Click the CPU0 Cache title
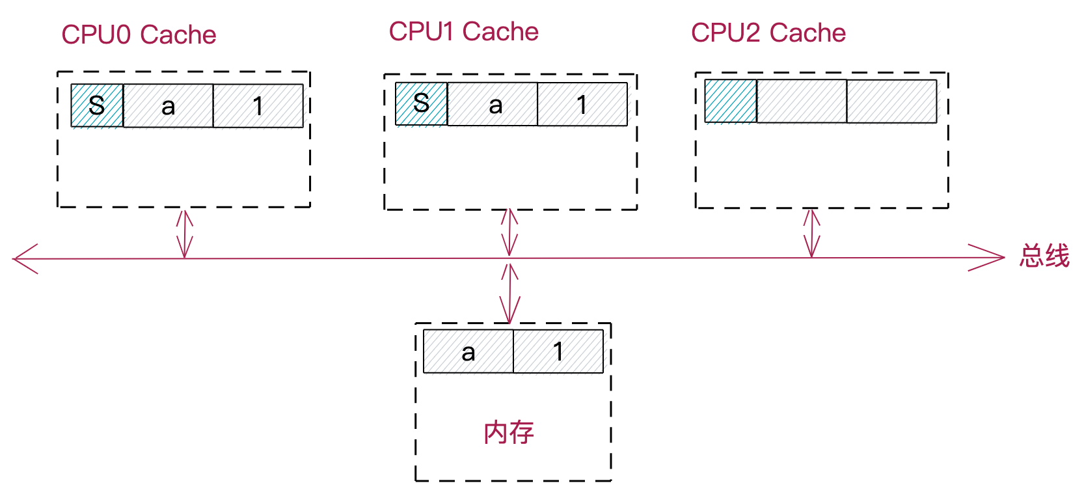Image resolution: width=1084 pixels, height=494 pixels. click(x=139, y=35)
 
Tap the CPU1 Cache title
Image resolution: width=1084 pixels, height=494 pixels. click(x=463, y=32)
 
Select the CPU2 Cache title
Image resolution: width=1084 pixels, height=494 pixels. click(x=768, y=33)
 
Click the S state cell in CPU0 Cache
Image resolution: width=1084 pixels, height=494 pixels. click(x=97, y=105)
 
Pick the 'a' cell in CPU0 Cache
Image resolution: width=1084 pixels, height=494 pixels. click(x=168, y=105)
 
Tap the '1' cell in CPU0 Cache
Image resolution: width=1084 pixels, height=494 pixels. click(x=258, y=105)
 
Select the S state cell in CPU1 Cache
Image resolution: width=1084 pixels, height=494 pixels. click(x=422, y=103)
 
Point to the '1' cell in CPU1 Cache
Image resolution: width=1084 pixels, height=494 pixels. click(x=582, y=104)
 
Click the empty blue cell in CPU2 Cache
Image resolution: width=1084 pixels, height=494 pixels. click(x=731, y=101)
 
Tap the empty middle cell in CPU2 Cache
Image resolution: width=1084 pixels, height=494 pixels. click(x=802, y=101)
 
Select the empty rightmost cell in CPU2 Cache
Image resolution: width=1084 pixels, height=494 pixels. click(x=891, y=101)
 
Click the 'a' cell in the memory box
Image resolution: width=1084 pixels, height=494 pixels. click(x=468, y=351)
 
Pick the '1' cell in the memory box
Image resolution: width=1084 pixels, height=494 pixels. click(x=558, y=351)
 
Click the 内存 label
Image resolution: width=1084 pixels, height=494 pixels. click(x=509, y=433)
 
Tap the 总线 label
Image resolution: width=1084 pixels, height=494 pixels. click(x=1044, y=256)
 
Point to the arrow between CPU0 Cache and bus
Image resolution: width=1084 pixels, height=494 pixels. click(x=185, y=233)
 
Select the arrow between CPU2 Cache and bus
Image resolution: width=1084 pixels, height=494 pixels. click(x=811, y=233)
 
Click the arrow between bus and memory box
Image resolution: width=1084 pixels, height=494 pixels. click(x=509, y=293)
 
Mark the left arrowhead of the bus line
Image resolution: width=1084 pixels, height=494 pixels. click(x=25, y=259)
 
